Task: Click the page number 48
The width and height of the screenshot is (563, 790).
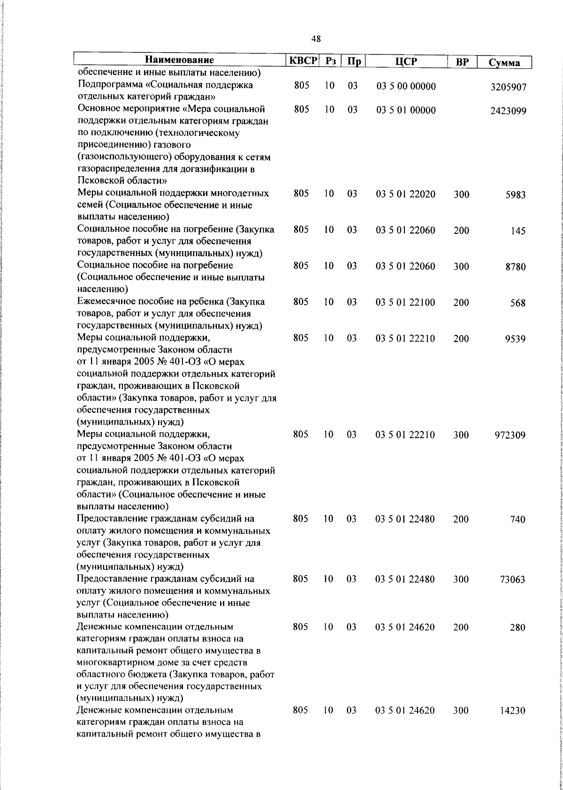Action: point(316,39)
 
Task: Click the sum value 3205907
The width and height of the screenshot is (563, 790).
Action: point(508,87)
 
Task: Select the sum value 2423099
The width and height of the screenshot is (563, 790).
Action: point(508,111)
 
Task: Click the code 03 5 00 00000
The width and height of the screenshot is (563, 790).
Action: point(405,86)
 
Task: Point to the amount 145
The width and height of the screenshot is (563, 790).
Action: point(518,231)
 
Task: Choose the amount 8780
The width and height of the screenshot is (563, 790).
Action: point(515,267)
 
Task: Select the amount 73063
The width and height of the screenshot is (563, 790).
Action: point(513,580)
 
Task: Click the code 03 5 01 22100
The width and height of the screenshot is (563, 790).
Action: point(405,303)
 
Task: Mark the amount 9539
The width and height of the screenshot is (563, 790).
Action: point(515,339)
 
